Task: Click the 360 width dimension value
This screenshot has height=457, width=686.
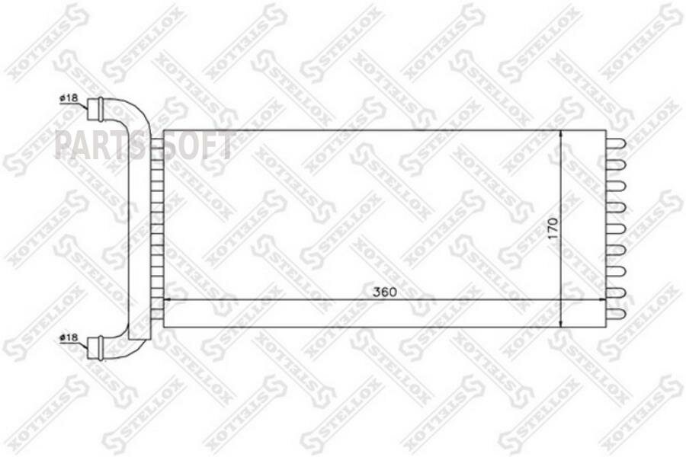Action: pos(385,292)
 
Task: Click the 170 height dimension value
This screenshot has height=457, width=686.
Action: pos(553,228)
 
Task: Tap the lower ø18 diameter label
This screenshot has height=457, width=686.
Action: pos(69,337)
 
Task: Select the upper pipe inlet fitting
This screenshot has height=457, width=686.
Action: pos(95,109)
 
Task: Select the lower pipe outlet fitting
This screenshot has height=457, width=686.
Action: pos(95,348)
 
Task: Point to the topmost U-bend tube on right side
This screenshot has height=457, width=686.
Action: pos(617,143)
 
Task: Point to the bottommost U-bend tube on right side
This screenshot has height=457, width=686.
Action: pos(617,314)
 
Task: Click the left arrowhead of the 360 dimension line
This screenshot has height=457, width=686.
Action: pos(167,300)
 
